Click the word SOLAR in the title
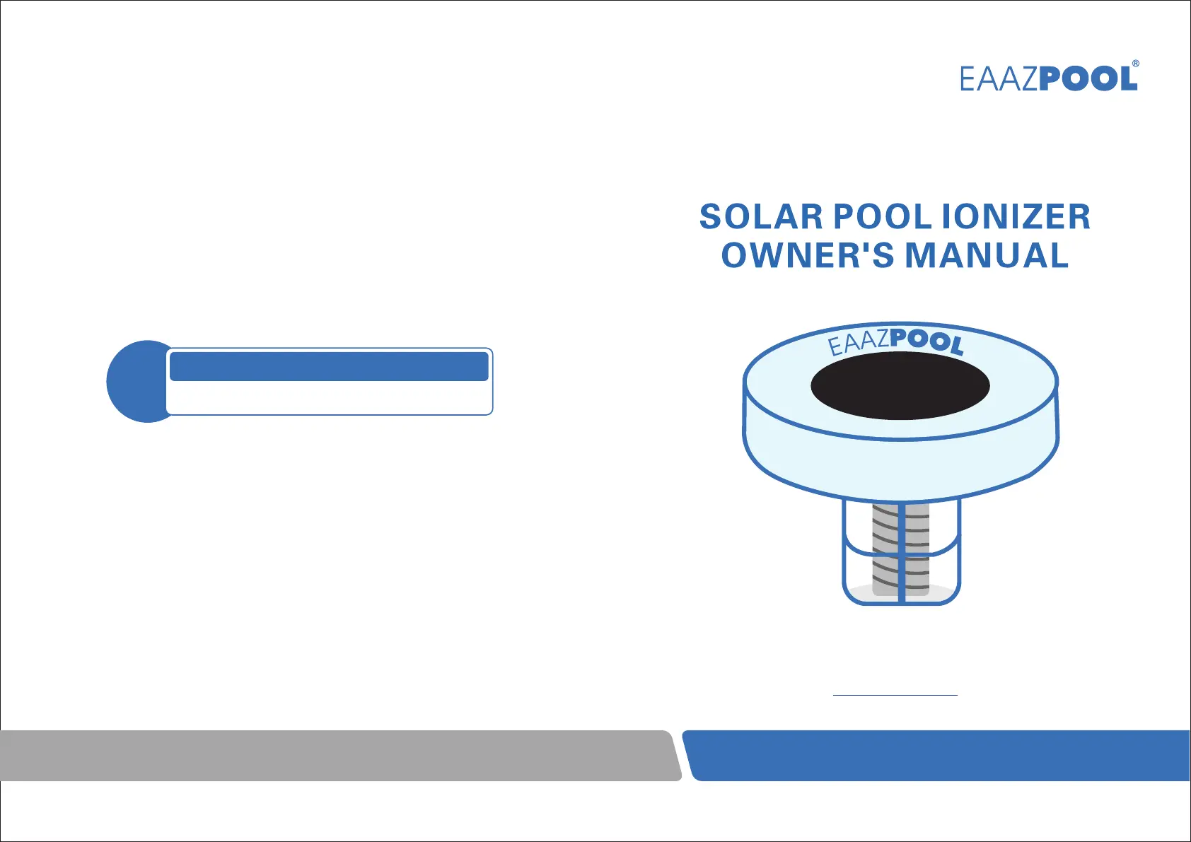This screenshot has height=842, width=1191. click(x=761, y=217)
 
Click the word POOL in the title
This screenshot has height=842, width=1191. click(x=882, y=217)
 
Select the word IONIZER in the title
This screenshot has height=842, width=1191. click(x=1016, y=217)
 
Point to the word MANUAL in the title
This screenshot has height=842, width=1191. click(x=987, y=255)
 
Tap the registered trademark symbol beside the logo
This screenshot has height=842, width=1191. click(x=1135, y=63)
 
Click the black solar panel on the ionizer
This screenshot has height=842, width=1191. click(x=900, y=385)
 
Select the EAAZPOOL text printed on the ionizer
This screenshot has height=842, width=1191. click(x=896, y=341)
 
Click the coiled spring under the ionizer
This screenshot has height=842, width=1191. click(x=901, y=549)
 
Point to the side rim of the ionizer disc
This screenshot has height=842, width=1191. click(x=901, y=468)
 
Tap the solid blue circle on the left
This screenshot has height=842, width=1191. click(x=136, y=381)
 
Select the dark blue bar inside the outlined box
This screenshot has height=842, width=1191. click(x=329, y=366)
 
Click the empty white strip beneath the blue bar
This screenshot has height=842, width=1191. click(x=329, y=397)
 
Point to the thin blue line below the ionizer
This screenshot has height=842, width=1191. click(x=895, y=695)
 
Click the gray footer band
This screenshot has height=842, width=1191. click(x=340, y=755)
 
